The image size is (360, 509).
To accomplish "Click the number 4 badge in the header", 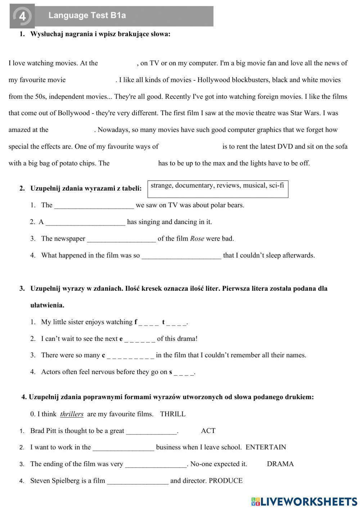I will click(22, 16).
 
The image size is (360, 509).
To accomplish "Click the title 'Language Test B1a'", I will click(87, 15).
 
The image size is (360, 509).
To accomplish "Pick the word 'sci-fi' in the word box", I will click(276, 186).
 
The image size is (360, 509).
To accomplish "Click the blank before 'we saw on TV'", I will click(94, 205).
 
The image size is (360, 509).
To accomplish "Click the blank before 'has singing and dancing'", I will click(86, 222).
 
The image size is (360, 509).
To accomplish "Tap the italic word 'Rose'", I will click(197, 239).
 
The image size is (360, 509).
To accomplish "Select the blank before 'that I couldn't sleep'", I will click(181, 256).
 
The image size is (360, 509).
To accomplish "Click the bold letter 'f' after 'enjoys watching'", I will click(136, 322).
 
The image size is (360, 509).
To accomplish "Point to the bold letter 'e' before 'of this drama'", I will click(121, 339).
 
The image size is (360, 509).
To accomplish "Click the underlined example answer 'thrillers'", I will click(72, 414).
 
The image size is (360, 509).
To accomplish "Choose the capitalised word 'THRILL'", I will click(173, 414).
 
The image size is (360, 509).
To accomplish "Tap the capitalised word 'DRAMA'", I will click(280, 464).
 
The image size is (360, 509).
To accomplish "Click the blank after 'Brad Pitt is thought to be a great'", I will click(152, 431).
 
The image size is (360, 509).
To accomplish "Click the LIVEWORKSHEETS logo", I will click(304, 501).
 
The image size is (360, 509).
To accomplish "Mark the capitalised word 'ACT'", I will click(208, 431).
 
